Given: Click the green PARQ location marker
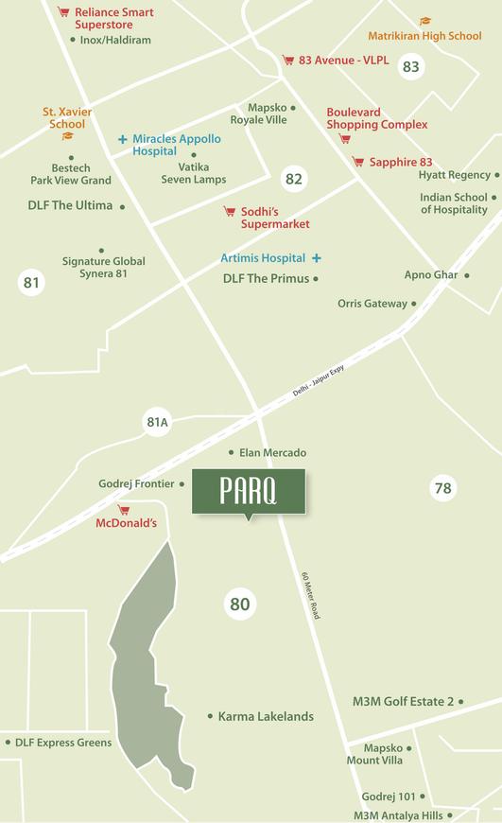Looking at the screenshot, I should point(249,492).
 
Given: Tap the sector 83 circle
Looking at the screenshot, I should point(410,66).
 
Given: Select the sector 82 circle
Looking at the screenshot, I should point(294,179).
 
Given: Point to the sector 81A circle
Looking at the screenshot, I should point(157,423).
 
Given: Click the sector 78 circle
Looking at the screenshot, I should point(442,488).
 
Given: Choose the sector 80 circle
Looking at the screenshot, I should point(239,604).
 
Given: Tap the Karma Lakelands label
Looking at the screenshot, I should point(266,717).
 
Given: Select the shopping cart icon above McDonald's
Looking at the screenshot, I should point(123,510).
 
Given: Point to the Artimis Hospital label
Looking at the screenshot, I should point(263,258).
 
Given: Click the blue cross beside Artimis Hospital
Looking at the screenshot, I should point(317,258).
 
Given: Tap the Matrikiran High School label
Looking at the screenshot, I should point(424,36).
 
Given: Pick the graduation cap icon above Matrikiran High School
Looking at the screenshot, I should point(424,22).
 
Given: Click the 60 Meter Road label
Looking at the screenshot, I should point(310,595).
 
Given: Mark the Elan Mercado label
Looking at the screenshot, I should point(273,453).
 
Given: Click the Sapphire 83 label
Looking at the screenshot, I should point(401,163).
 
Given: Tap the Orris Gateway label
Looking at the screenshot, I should point(372,304).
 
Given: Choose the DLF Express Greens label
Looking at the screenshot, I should point(63,743).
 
